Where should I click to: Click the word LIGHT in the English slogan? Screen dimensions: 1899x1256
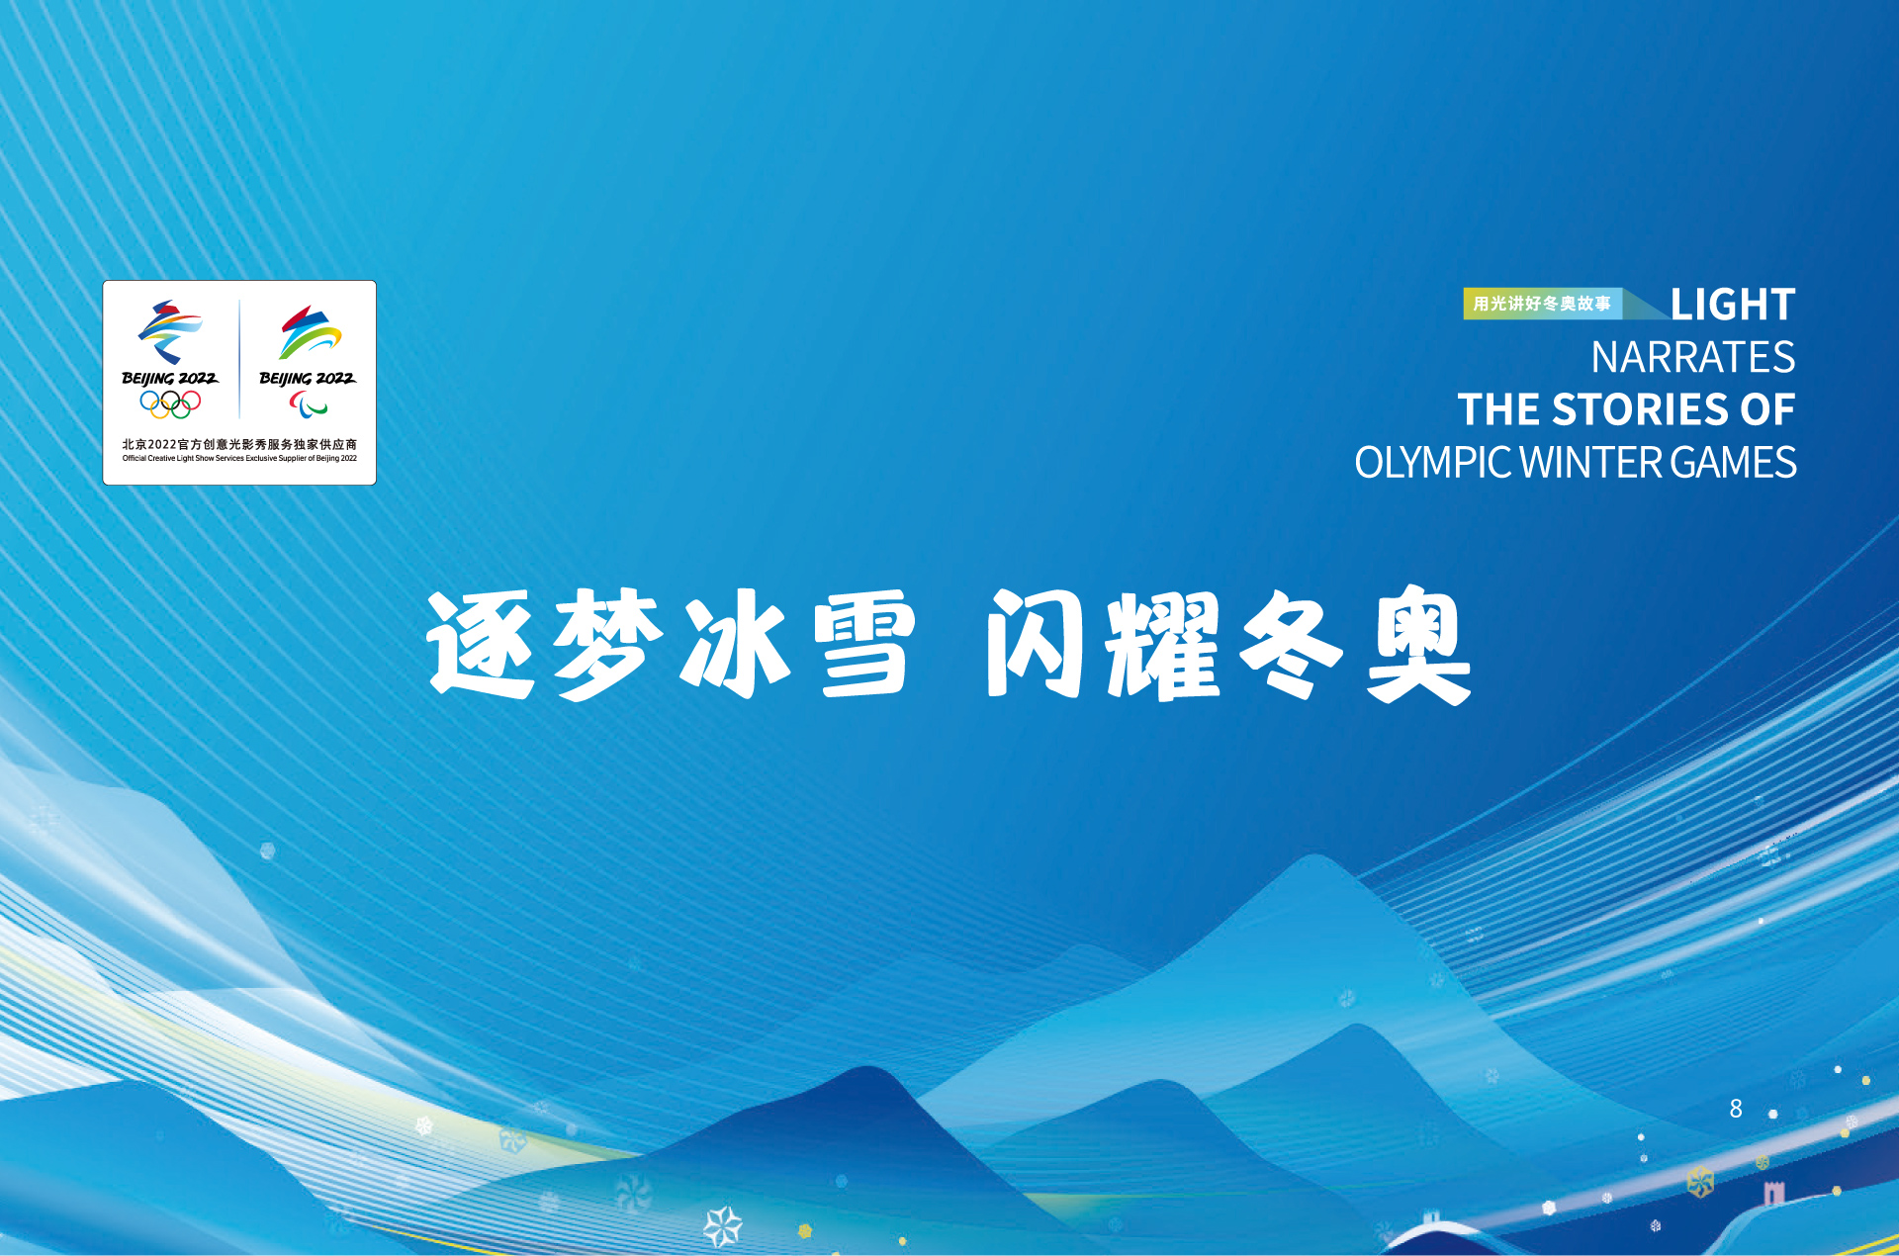coord(1733,305)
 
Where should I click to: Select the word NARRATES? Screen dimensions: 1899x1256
coord(1693,357)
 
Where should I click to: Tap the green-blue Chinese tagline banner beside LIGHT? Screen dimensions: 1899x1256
coord(1543,304)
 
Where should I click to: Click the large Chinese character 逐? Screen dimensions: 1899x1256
coord(482,644)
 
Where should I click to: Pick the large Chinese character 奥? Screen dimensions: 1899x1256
coord(1418,644)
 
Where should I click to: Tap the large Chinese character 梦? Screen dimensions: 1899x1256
coord(608,644)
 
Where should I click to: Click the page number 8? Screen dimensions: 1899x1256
coord(1736,1109)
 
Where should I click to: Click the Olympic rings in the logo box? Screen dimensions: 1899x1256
coord(170,404)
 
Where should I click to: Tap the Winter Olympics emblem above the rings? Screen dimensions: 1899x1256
coord(170,332)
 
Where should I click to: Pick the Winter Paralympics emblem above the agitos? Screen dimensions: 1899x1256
coord(310,332)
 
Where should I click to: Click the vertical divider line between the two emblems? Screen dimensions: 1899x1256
coord(239,359)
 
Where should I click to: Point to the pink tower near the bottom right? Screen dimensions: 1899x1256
coord(1774,1194)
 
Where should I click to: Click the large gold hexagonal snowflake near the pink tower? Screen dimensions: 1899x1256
coord(1700,1181)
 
